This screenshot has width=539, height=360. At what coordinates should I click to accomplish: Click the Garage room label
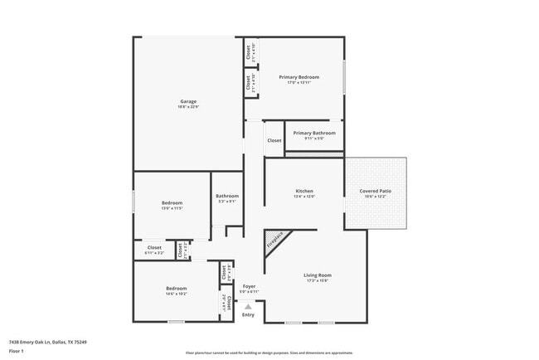pos(188,101)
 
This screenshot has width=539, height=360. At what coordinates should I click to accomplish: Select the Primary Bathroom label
pos(314,133)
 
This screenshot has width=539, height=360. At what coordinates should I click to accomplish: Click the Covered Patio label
pos(376,191)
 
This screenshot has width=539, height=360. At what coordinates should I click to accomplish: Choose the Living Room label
pos(317,275)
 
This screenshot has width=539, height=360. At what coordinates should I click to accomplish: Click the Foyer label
pos(249,286)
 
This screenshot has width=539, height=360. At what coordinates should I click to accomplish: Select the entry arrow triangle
pos(248,306)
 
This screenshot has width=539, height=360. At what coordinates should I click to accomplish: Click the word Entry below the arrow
pos(248,314)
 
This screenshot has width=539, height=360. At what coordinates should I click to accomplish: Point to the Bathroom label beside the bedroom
pos(227,196)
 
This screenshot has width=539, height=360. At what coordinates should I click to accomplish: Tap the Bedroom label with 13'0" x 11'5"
pos(172,202)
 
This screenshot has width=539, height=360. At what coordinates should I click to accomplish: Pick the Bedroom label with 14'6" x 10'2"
pos(176,288)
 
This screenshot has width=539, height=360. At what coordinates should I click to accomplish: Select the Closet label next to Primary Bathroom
pos(274,141)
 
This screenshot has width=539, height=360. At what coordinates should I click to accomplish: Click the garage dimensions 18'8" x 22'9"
pos(188,107)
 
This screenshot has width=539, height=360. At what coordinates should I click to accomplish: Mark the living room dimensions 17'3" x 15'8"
pos(317,280)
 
